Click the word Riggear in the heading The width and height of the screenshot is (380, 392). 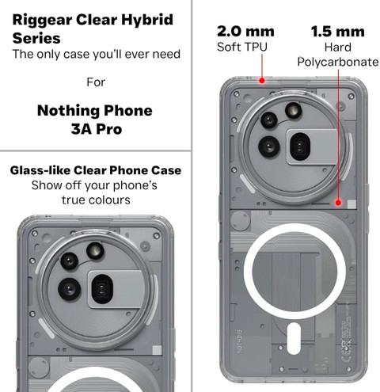coord(42,21)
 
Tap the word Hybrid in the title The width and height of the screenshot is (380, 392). coord(147,20)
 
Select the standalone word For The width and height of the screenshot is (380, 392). coord(96,82)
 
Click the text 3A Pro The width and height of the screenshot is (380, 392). coord(97,129)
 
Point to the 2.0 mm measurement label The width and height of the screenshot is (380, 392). coord(245,32)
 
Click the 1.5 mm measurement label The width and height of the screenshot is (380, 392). coord(338,32)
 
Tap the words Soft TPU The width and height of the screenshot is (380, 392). coord(242,47)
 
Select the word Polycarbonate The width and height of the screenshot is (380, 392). coord(338,62)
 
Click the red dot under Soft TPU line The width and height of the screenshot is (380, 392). coord(262,80)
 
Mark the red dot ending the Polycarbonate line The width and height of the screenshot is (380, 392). coord(338,203)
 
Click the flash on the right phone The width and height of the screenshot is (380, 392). coord(293,111)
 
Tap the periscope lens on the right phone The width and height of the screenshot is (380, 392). coord(300,147)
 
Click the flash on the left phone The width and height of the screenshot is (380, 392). coord(95,250)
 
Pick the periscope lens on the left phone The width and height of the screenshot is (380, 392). coord(102,289)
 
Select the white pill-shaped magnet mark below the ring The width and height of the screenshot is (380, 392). coord(293,338)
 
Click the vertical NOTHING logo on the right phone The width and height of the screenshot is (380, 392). coord(239,341)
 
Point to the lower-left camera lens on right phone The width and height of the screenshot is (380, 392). coord(269,147)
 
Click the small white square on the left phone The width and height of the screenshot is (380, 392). coord(157,350)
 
